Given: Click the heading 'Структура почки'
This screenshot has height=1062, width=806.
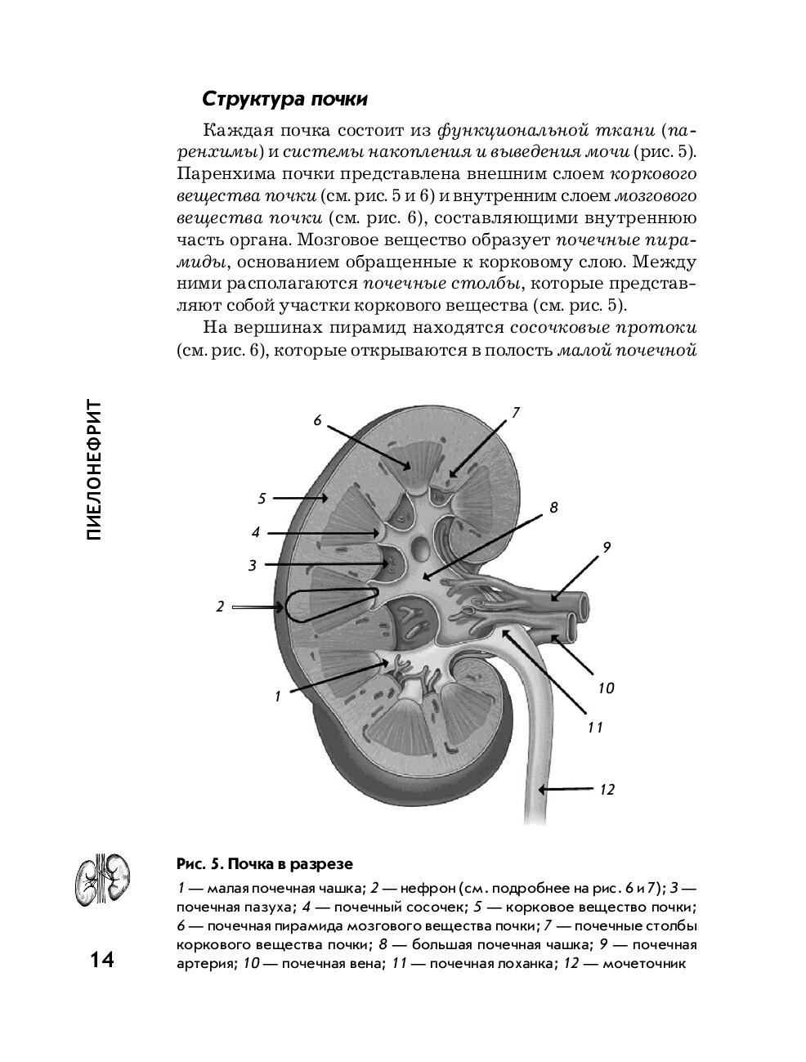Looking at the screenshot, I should click(284, 99).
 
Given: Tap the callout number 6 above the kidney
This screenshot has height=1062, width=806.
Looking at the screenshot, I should click(317, 420).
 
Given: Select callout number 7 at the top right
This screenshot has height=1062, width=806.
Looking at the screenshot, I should click(516, 413).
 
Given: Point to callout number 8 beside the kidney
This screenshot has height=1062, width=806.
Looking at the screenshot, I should click(553, 508).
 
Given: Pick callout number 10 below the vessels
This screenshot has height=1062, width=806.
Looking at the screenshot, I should click(605, 688).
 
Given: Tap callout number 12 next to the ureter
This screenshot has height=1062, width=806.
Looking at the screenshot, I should click(607, 789).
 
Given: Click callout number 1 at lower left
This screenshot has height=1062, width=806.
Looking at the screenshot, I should click(278, 697).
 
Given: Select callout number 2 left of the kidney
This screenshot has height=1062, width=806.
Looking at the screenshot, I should click(219, 607).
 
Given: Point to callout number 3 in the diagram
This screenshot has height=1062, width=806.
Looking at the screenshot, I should click(253, 564).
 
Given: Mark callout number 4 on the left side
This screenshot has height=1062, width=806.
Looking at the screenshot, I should click(256, 532).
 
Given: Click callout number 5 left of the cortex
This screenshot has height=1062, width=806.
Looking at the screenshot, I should click(262, 498).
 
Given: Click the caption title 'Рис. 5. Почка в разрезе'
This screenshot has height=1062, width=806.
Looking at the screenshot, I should click(264, 864).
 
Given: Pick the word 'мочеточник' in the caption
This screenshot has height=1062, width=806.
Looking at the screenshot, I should click(644, 963).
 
